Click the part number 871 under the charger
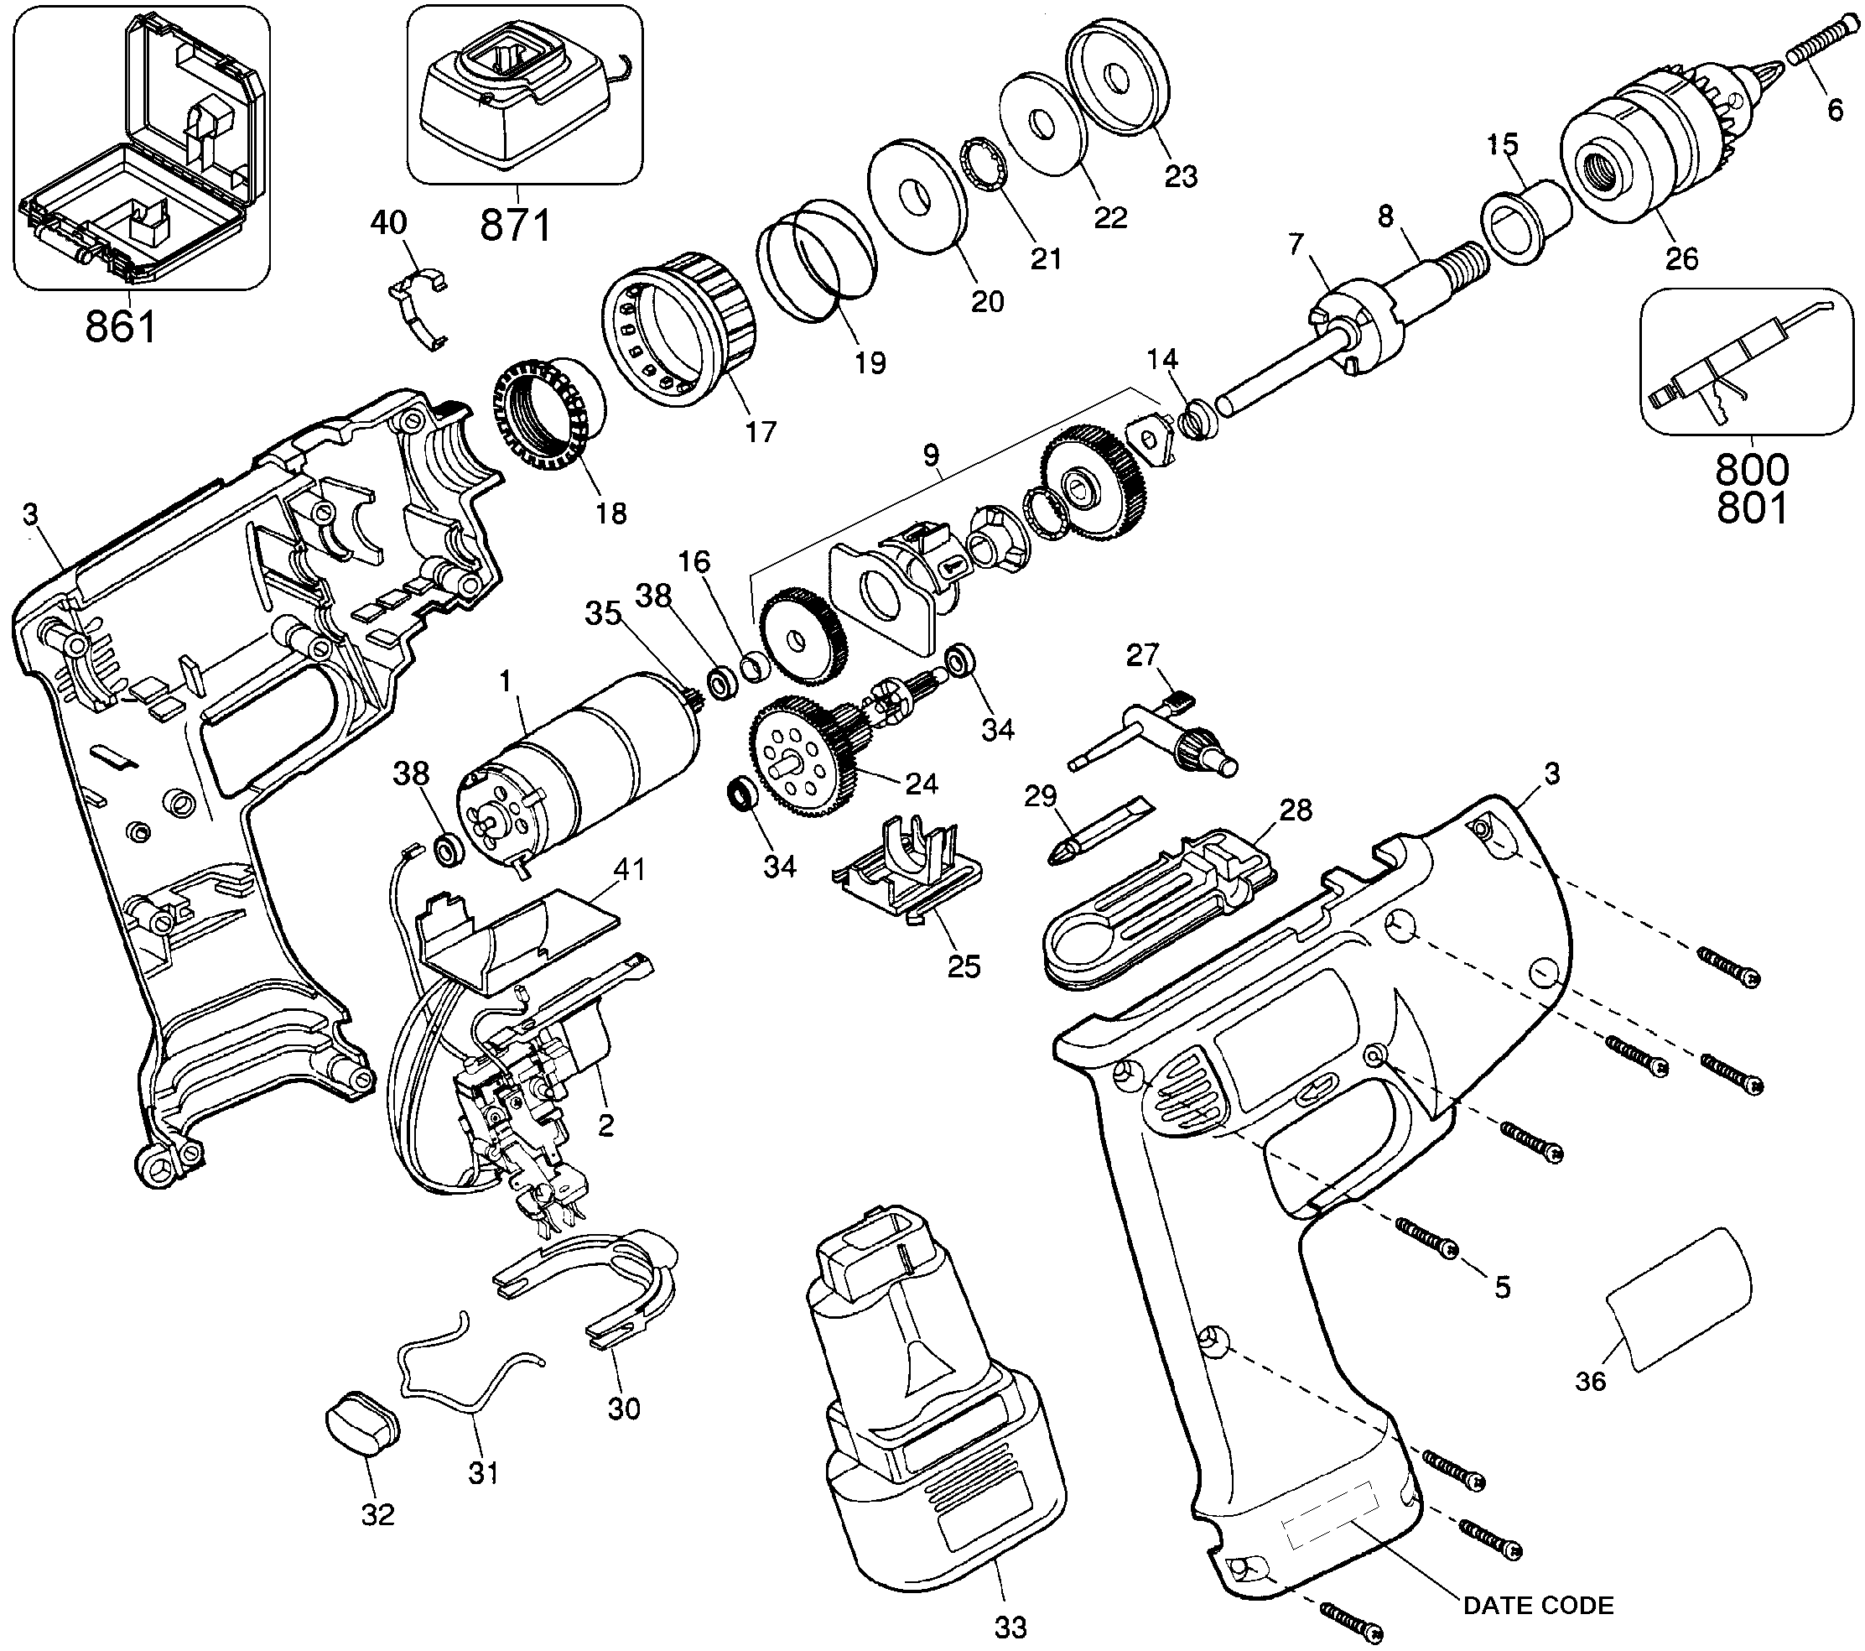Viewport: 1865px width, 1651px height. [x=517, y=225]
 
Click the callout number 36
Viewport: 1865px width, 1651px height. [x=1590, y=1381]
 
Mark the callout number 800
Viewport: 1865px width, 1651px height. [x=1752, y=469]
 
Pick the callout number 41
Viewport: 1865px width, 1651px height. [x=629, y=870]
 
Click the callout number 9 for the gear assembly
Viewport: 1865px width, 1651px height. [x=931, y=456]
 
